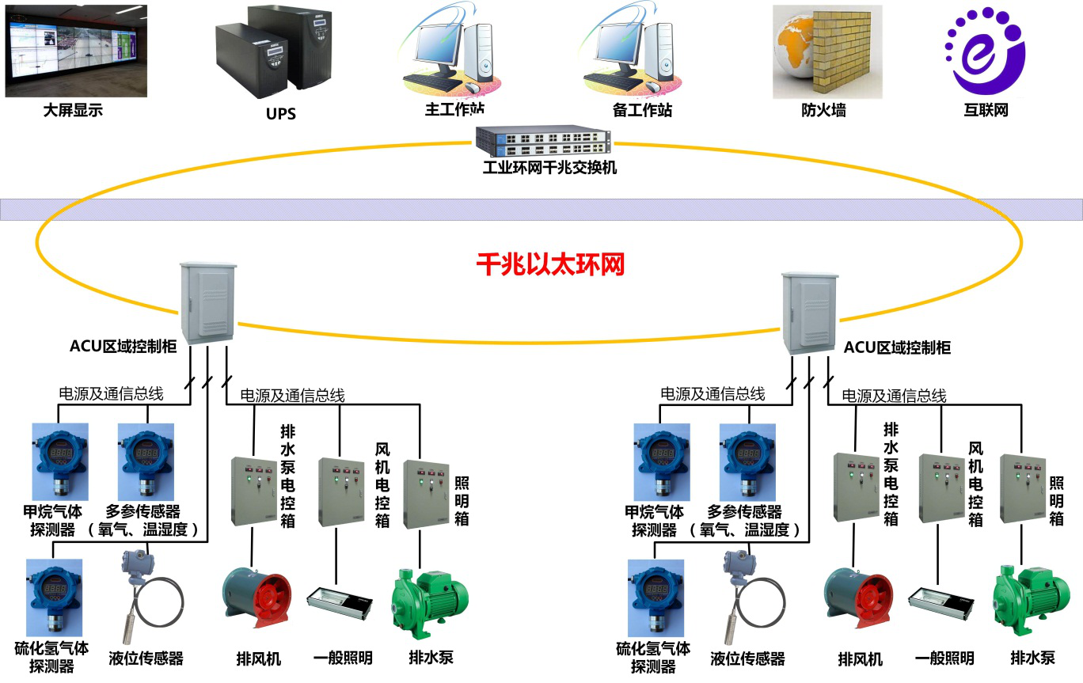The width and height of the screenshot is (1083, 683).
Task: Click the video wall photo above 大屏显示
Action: coord(77,51)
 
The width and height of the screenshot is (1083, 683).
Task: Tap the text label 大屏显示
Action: coord(73,111)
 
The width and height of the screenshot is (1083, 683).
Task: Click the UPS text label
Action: coord(280,114)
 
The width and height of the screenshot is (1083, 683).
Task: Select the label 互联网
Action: coord(986,111)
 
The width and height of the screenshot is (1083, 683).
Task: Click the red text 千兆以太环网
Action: coord(550,264)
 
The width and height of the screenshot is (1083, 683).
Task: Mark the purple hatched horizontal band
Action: coord(541,209)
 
